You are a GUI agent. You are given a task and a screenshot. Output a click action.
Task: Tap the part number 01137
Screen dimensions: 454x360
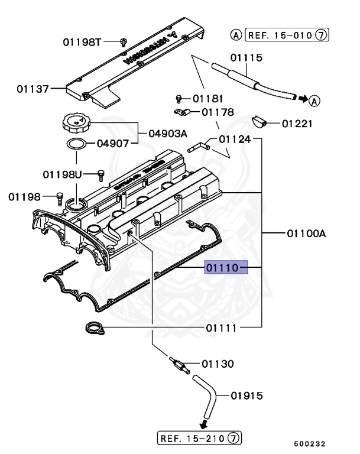coord(33,89)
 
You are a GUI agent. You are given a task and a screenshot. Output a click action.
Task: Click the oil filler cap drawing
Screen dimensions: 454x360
coord(74,125)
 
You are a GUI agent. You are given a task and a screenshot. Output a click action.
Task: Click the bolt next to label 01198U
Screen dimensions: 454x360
coord(100,174)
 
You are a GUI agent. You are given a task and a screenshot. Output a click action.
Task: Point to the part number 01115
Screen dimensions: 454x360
coord(247,58)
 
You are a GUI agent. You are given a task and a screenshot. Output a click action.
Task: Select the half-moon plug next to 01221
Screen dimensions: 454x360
coord(260,122)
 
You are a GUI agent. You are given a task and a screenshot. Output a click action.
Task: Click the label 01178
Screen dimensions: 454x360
coord(217,112)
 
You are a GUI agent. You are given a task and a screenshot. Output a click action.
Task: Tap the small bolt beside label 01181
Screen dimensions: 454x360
coord(179,98)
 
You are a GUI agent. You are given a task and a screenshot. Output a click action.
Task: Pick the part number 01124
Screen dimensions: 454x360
coord(235,140)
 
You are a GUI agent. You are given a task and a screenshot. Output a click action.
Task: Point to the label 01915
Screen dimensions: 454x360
coord(247,395)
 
